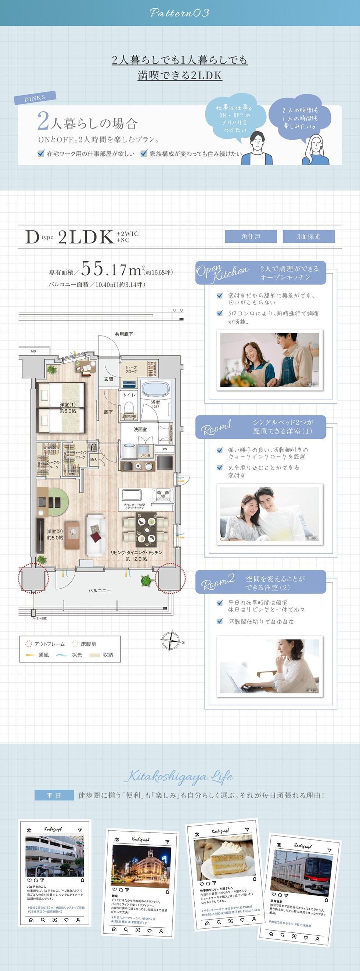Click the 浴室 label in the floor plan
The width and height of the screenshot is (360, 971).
click(x=155, y=402)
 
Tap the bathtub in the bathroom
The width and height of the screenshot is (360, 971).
click(x=156, y=389)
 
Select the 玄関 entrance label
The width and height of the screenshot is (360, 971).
click(x=109, y=379)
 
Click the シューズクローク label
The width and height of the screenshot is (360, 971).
click(x=131, y=369)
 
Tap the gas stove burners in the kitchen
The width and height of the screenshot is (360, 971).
click(x=163, y=494)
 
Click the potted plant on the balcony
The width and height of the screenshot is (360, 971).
click(x=146, y=581)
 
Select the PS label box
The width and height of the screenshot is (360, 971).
click(x=165, y=449)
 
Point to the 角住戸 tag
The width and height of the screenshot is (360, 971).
click(x=251, y=237)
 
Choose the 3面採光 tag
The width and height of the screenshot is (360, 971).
click(x=308, y=237)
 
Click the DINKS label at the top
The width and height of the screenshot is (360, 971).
click(x=35, y=98)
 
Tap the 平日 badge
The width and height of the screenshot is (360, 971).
click(x=54, y=795)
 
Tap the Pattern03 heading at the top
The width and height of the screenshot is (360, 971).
click(x=179, y=13)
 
